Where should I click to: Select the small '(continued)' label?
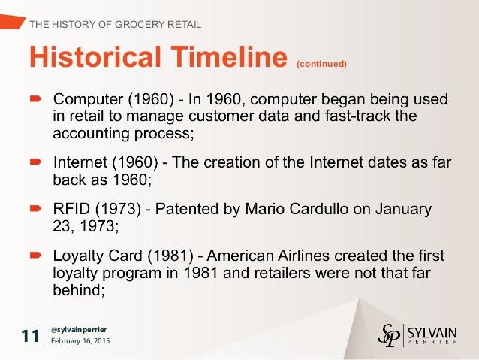click(x=321, y=64)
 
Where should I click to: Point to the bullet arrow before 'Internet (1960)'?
click(x=36, y=162)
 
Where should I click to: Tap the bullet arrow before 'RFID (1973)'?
click(x=36, y=208)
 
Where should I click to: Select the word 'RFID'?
click(x=71, y=208)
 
